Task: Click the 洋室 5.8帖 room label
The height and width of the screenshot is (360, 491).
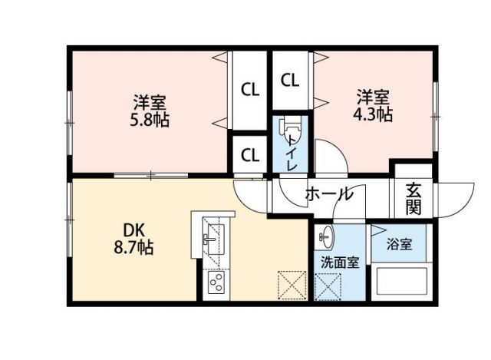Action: coord(150,111)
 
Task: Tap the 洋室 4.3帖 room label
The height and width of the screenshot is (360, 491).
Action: coord(374,106)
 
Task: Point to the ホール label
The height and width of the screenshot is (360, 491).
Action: coord(329,193)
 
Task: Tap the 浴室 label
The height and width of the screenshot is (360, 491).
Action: coord(399,245)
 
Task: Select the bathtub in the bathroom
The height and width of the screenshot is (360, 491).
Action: coord(401,284)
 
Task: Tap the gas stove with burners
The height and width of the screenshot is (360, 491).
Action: coord(214,285)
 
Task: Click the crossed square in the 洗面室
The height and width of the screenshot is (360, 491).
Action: coord(329,288)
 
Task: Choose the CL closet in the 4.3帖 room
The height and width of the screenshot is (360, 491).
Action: coord(289,79)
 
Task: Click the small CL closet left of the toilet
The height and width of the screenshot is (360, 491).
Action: coord(250,155)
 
